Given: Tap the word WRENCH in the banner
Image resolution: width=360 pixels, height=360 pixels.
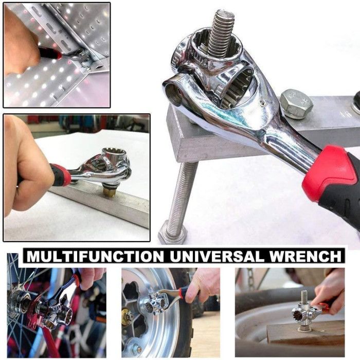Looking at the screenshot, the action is [305, 257].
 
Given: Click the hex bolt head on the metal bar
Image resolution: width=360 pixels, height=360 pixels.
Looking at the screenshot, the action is [296, 104].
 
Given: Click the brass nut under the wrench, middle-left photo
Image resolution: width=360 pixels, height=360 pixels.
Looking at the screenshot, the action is [109, 191].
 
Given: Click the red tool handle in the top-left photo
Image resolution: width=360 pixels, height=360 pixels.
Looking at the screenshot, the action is [49, 53].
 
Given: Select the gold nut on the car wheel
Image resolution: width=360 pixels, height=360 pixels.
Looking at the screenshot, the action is [127, 316].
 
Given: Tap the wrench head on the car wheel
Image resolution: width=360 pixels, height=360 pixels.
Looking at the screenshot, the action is [156, 302].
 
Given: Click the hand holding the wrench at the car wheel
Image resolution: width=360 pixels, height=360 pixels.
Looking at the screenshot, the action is [202, 285].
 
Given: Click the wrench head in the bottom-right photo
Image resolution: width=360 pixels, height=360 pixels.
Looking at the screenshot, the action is [302, 312].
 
